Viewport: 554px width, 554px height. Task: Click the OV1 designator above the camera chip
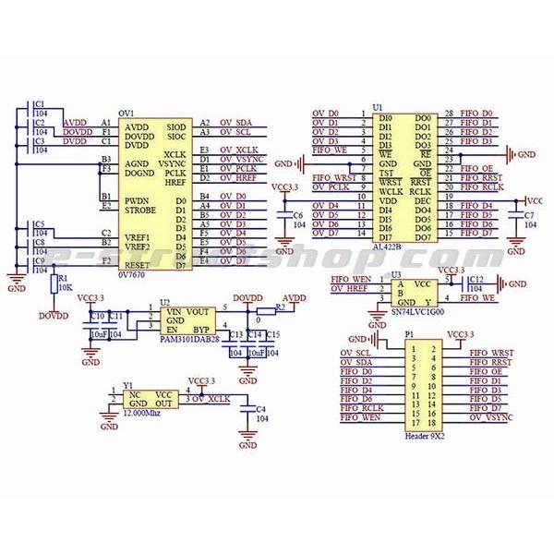[x=126, y=113]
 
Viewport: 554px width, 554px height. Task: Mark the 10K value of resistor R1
[x=65, y=286]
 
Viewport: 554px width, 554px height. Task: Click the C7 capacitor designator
[x=528, y=215]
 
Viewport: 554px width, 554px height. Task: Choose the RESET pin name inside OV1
[x=138, y=265]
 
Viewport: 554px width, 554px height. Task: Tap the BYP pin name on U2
[x=201, y=329]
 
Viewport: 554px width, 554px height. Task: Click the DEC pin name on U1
[x=422, y=199]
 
